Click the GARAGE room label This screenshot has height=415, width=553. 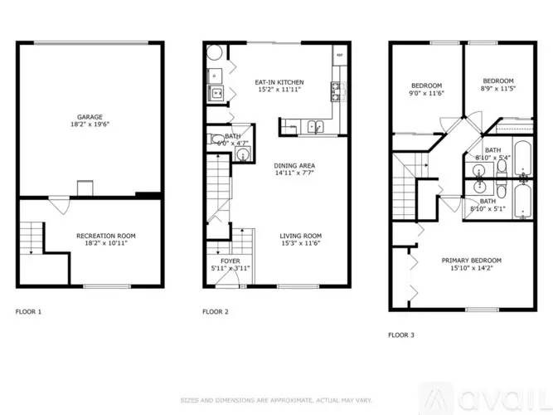pyautogui.click(x=90, y=117)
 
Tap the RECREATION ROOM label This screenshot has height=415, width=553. pyautogui.click(x=106, y=236)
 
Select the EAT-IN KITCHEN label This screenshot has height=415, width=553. pyautogui.click(x=279, y=82)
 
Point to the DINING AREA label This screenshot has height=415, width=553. pyautogui.click(x=294, y=165)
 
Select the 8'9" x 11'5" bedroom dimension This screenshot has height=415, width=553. pyautogui.click(x=497, y=90)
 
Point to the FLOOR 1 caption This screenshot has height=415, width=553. pyautogui.click(x=28, y=312)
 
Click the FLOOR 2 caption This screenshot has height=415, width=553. pyautogui.click(x=215, y=312)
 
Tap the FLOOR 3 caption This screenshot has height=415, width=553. pyautogui.click(x=401, y=335)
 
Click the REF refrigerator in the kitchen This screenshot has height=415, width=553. pyautogui.click(x=339, y=56)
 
